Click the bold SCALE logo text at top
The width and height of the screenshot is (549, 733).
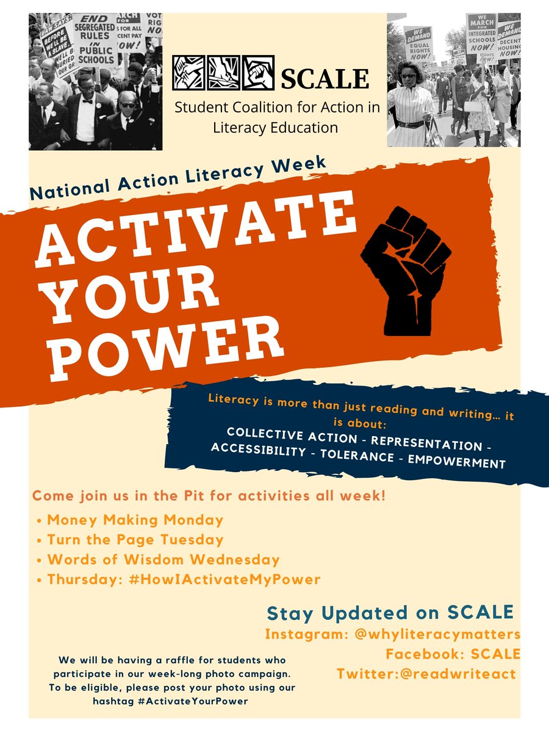[325, 78]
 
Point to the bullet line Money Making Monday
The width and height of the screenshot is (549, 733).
[135, 520]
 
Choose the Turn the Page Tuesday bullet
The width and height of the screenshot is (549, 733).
[135, 540]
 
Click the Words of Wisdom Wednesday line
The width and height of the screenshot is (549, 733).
[163, 560]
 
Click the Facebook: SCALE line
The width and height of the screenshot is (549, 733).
[453, 654]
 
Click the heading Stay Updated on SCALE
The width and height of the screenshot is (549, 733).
[390, 613]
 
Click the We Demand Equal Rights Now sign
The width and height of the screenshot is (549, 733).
[418, 43]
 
